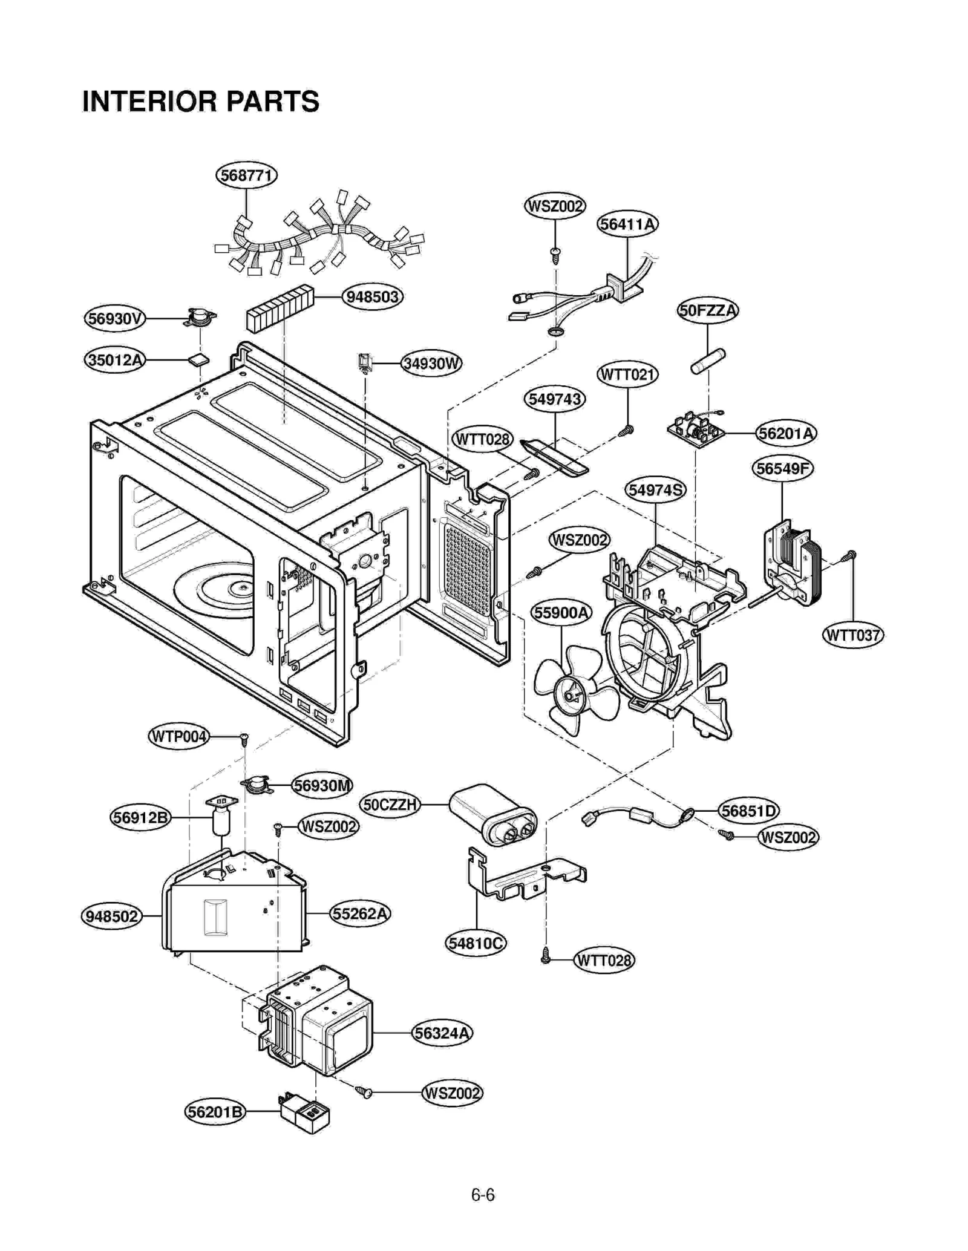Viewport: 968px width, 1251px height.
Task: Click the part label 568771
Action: (x=246, y=175)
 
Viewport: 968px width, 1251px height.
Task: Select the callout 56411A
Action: (x=627, y=224)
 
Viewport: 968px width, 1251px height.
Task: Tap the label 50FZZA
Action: (x=707, y=311)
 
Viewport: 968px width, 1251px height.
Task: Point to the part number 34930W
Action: (x=431, y=364)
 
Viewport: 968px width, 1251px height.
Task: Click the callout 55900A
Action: (x=561, y=613)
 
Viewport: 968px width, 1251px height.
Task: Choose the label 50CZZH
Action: (x=390, y=805)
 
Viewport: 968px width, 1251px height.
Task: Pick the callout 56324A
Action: (x=442, y=1033)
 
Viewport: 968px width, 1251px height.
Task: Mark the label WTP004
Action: (x=178, y=737)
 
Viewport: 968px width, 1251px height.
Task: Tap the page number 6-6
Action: (x=483, y=1195)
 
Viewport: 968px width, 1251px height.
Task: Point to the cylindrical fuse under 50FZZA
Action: (x=708, y=361)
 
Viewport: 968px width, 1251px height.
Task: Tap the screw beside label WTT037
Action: (x=851, y=555)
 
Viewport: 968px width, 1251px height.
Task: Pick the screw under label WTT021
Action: (x=627, y=430)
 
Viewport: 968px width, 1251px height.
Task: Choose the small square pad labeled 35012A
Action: (x=198, y=360)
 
